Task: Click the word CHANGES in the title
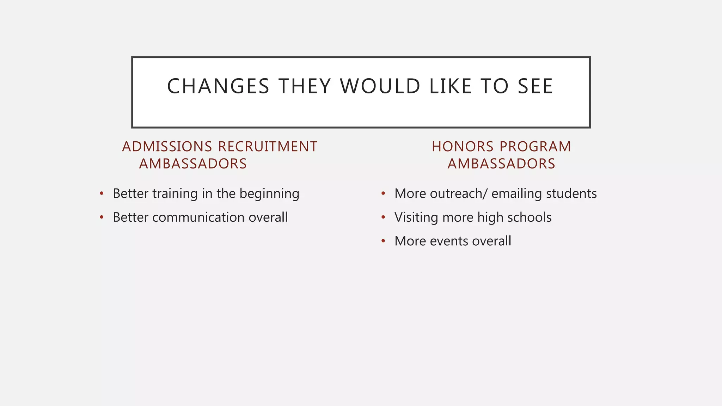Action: pyautogui.click(x=218, y=86)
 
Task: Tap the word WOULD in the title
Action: pyautogui.click(x=380, y=86)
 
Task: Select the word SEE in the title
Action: pyautogui.click(x=535, y=86)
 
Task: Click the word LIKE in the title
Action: pyautogui.click(x=451, y=86)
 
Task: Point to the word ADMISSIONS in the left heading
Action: pyautogui.click(x=167, y=147)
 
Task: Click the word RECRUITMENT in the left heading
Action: pyautogui.click(x=268, y=147)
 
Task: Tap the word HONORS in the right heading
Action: pyautogui.click(x=463, y=147)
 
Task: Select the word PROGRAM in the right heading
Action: pyautogui.click(x=535, y=147)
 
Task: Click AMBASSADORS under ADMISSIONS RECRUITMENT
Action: pyautogui.click(x=193, y=164)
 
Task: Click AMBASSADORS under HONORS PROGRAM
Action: pyautogui.click(x=501, y=164)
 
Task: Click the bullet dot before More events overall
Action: pyautogui.click(x=383, y=241)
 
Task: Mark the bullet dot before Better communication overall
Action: pyautogui.click(x=102, y=217)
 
